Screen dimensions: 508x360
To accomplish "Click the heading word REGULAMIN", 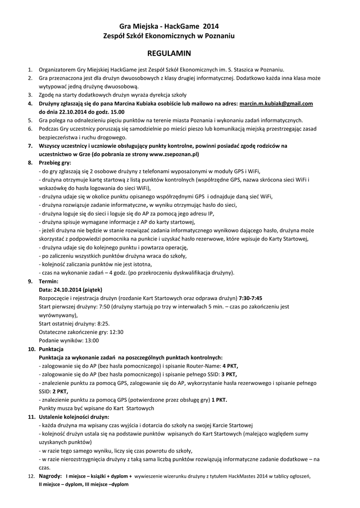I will point(170,53).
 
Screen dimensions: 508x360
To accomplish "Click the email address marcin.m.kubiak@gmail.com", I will point(276,104).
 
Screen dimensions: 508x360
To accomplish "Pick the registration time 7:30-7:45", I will point(250,298).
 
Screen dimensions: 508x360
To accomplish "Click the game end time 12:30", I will point(116,332).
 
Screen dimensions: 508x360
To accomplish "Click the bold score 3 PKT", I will point(229,374).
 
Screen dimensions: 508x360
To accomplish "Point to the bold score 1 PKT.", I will point(219,399).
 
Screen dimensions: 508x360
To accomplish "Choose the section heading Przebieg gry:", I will point(55,163).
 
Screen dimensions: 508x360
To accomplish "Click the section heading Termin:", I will point(49,281).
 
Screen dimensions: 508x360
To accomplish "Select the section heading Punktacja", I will point(52,349).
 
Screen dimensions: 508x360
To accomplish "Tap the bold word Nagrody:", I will point(51,476).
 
